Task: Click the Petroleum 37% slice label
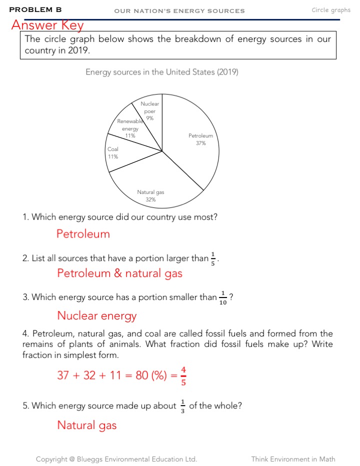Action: pos(200,139)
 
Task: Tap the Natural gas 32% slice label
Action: pos(150,195)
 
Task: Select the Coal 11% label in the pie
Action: pos(113,152)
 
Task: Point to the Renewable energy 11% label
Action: pos(130,128)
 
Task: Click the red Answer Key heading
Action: pos(47,25)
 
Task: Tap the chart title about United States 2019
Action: pos(162,72)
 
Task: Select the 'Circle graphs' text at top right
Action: pos(331,10)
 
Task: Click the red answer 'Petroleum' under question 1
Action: pos(83,234)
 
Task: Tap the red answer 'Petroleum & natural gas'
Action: pos(119,273)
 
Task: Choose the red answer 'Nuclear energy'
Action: pos(96,316)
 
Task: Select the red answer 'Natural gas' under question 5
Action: pos(86,425)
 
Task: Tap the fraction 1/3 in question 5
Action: pos(182,406)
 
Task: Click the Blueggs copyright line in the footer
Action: pos(116,459)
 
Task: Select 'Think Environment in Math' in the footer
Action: pos(293,459)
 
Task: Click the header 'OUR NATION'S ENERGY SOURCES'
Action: pos(179,10)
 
